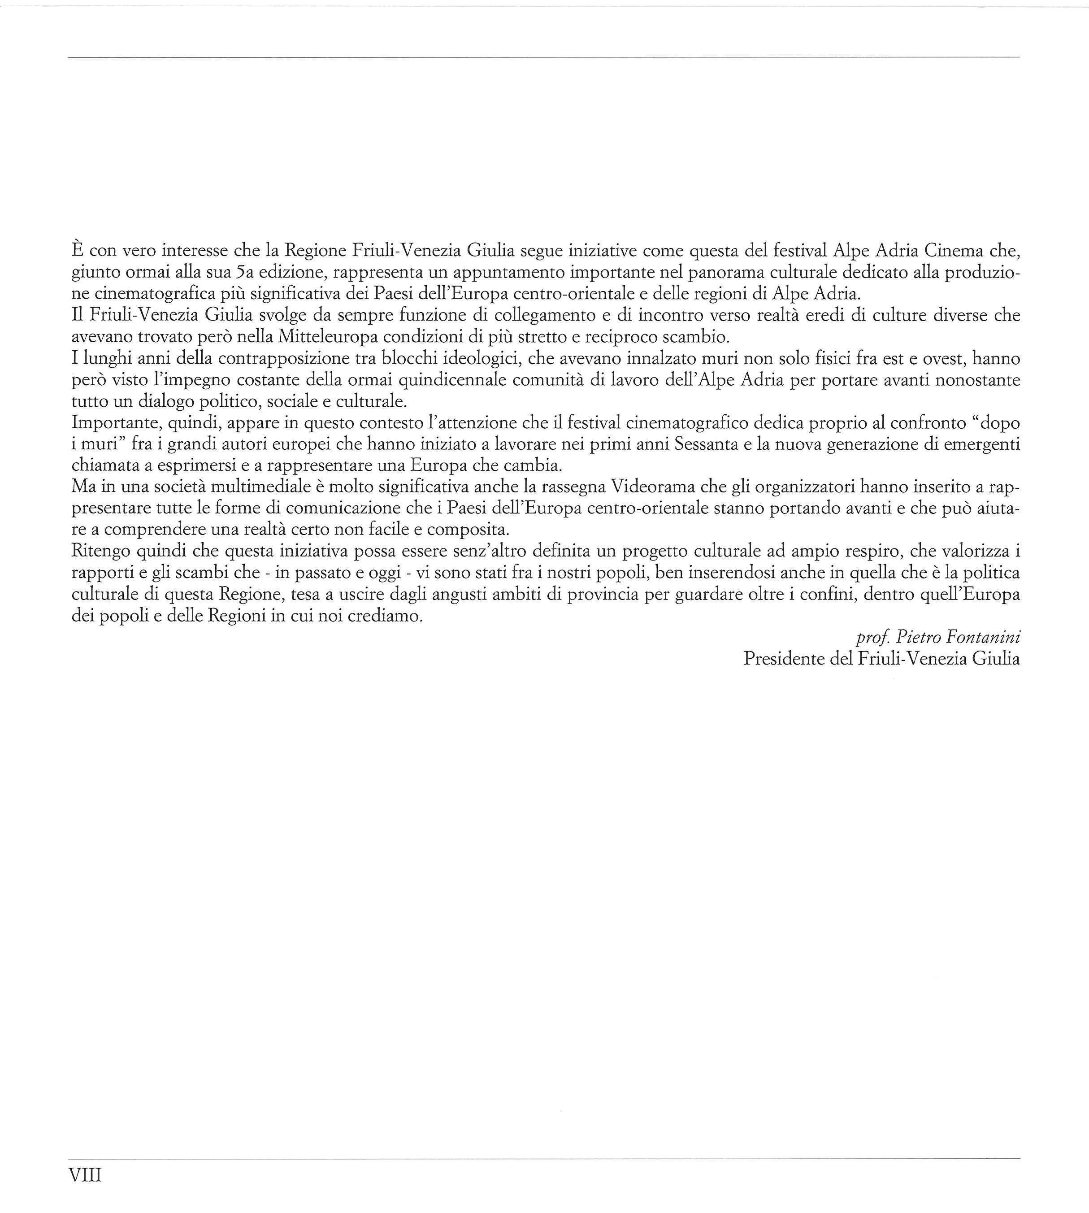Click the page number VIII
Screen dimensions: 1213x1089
[86, 1175]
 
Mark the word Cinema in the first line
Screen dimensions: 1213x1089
[955, 250]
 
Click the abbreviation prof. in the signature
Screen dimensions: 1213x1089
[872, 638]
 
